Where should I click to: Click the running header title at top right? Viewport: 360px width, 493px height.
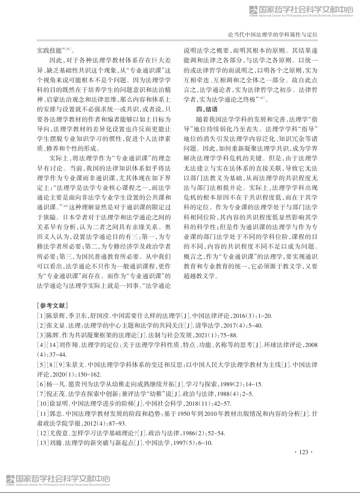point(273,35)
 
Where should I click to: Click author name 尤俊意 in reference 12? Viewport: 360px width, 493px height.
point(58,433)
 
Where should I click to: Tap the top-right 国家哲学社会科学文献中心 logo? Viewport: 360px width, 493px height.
point(301,11)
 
